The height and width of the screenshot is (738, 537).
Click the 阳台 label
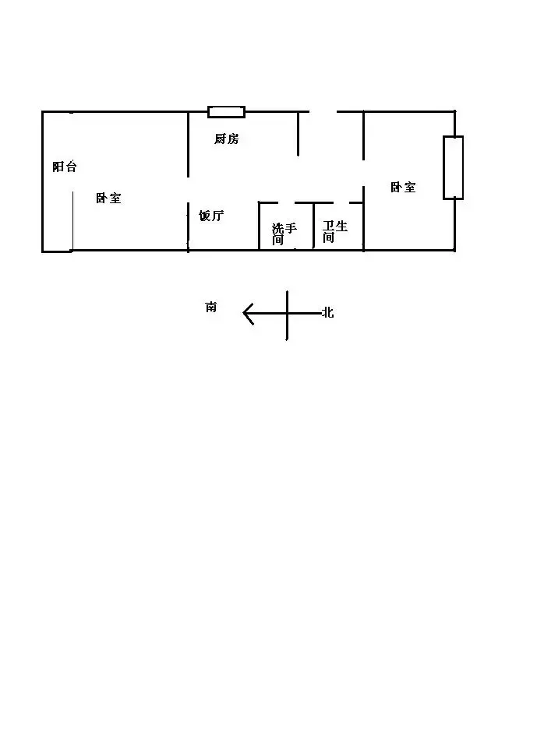pos(65,167)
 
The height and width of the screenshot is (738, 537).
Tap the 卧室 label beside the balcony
pos(108,199)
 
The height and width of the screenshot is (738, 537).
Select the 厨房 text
pos(227,139)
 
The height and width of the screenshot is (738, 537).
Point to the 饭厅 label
pos(211,216)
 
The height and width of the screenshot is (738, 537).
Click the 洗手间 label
pos(284,234)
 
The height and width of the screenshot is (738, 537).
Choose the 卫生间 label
pos(335,231)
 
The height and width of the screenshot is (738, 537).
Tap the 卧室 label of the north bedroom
pos(403,188)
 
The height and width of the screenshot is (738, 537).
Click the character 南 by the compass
pos(211,307)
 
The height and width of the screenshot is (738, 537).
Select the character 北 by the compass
pos(328,312)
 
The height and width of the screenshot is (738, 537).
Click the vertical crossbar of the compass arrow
pos(287,315)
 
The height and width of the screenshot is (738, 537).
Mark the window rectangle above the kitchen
pos(227,112)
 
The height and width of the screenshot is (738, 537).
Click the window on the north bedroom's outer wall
pos(453,167)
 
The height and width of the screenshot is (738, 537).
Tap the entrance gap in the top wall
pos(323,111)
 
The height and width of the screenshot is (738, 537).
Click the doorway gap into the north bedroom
pos(363,173)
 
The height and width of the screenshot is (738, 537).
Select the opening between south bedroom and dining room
pos(189,190)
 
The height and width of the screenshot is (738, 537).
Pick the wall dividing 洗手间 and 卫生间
pos(314,226)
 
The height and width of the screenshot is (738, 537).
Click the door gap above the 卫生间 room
pos(341,203)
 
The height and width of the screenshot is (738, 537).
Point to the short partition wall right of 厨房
pos(299,134)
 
